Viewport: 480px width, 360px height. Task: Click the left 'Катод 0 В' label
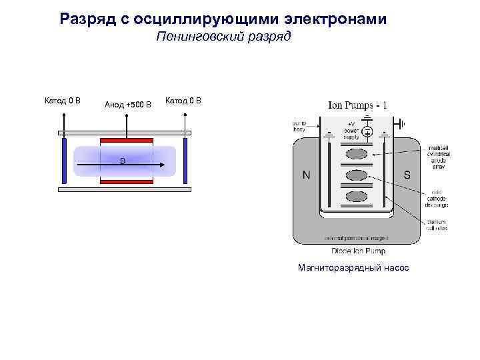[63, 101]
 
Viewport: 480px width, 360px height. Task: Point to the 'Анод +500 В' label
[128, 104]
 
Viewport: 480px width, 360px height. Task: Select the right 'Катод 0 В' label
[183, 101]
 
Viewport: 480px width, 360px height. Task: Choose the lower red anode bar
[126, 181]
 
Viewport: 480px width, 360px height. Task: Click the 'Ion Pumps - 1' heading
[357, 105]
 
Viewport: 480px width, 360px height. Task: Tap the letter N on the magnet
[306, 176]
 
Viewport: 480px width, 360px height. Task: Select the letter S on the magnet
[407, 175]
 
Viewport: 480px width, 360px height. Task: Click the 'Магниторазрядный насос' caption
[355, 267]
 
